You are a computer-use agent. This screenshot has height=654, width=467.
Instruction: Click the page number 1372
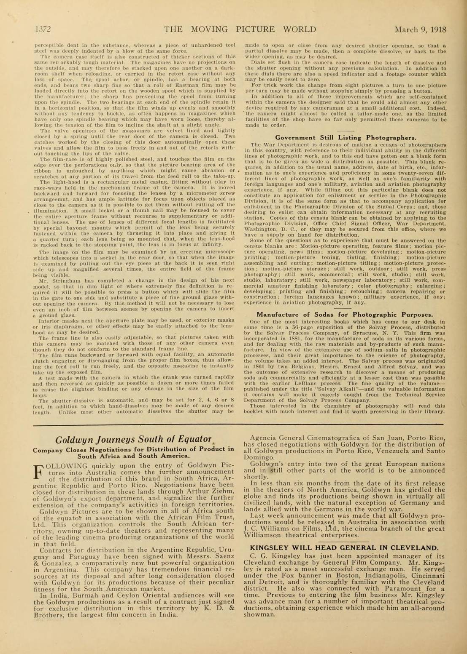[x=42, y=29]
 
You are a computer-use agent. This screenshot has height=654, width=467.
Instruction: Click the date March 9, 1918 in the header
[x=420, y=29]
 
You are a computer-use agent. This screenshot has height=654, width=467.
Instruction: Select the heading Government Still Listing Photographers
[x=346, y=137]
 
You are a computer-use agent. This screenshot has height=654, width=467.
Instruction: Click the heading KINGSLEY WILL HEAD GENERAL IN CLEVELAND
[x=344, y=548]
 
